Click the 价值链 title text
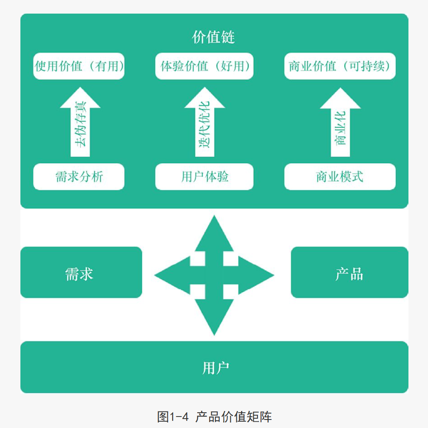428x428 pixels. point(213,37)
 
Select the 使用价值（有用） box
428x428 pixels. point(79,66)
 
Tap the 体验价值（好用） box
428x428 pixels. point(204,66)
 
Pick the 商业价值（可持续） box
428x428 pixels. point(340,66)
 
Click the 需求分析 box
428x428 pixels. point(79,176)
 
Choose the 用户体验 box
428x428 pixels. point(204,176)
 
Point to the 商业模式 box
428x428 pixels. point(340,176)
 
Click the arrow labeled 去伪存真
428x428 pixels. point(80,123)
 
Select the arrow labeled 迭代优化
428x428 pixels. point(204,123)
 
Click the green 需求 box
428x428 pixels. point(81,272)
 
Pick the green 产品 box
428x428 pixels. point(349,272)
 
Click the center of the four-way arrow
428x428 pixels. point(214,276)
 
